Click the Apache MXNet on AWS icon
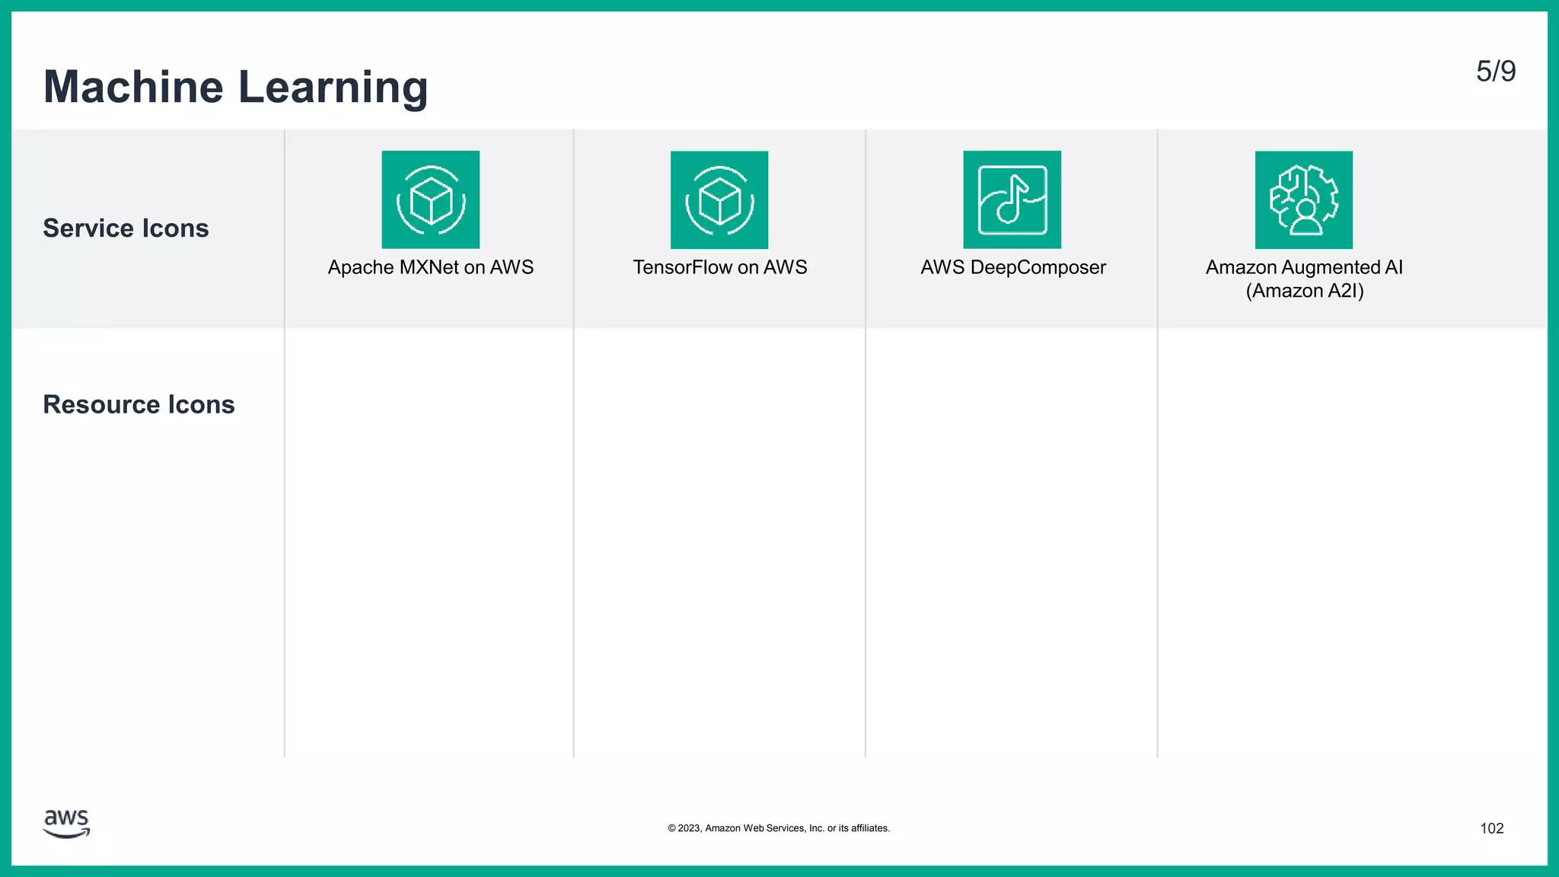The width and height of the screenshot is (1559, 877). point(431,199)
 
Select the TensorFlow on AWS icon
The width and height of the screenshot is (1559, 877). point(719,199)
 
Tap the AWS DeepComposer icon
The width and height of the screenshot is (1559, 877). point(1012,199)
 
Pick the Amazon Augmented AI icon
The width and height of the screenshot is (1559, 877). point(1304,199)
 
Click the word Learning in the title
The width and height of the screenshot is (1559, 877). point(333,88)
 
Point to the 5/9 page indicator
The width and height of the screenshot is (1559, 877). point(1496,72)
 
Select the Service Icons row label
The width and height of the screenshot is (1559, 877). point(126,228)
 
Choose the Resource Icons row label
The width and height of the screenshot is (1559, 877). point(139,404)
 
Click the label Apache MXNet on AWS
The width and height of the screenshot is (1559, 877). point(431,267)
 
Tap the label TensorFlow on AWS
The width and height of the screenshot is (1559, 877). point(720,267)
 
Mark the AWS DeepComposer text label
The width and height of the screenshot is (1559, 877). point(1013,267)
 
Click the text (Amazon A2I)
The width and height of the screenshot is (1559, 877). point(1305,291)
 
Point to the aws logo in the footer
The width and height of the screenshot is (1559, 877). point(67,824)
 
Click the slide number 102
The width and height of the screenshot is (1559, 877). point(1492,828)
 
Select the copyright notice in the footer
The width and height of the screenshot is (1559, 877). point(779,828)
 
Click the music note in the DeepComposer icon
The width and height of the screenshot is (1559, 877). point(1012,199)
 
